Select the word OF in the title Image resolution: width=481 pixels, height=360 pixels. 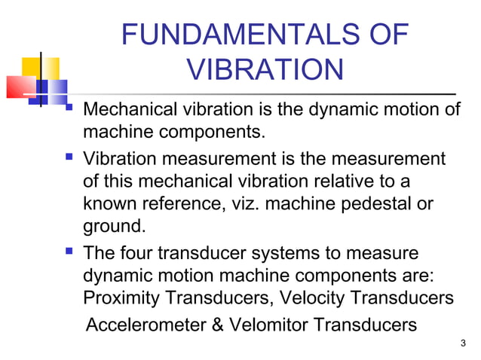pos(389,36)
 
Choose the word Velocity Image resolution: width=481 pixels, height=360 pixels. pos(311,297)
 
